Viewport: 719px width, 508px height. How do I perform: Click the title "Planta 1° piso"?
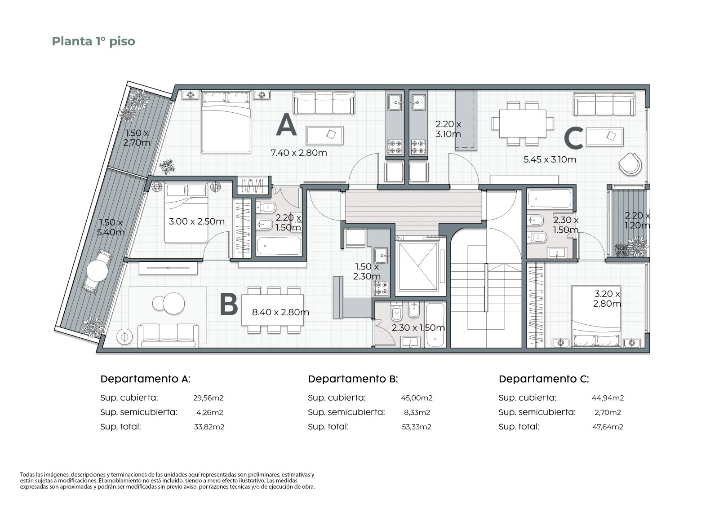click(x=93, y=41)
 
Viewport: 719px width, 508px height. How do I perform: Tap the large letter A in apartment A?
click(x=286, y=126)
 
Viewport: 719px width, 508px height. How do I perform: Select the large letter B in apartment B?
click(x=229, y=305)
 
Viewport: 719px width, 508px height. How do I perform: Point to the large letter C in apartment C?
click(x=573, y=138)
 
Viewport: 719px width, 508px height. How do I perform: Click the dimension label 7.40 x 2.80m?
click(x=299, y=153)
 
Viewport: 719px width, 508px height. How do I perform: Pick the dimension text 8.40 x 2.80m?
click(x=280, y=312)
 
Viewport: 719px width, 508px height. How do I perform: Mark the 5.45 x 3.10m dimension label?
click(x=550, y=159)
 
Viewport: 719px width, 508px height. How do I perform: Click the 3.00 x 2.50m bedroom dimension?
click(x=197, y=221)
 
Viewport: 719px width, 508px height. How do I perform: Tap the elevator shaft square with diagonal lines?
click(x=417, y=265)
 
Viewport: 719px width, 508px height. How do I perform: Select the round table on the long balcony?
click(x=97, y=270)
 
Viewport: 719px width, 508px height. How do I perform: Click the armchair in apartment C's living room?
click(x=630, y=164)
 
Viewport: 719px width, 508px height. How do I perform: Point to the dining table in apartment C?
click(x=523, y=124)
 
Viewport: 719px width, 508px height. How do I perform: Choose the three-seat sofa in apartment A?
click(x=324, y=103)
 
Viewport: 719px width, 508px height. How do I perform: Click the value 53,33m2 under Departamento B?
click(x=417, y=427)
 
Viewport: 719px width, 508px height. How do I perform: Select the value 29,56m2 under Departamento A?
click(x=209, y=398)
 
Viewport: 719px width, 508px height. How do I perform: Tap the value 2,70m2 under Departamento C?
click(x=608, y=412)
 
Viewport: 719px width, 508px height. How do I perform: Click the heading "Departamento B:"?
click(x=353, y=379)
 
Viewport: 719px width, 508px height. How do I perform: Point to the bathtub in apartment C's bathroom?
click(x=550, y=199)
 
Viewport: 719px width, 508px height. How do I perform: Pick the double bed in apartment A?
click(x=226, y=121)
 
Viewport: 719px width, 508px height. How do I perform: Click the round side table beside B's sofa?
click(x=125, y=337)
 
